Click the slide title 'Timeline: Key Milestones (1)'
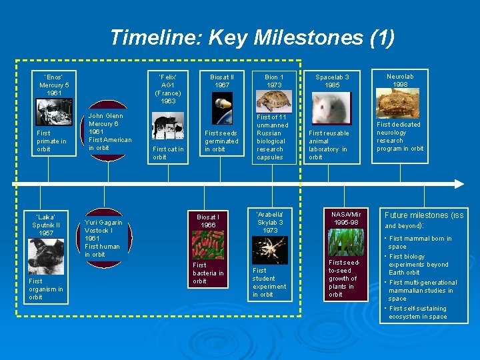point(252,37)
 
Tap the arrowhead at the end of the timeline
point(459,183)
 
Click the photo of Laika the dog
point(46,257)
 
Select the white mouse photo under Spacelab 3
point(331,109)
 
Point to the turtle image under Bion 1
point(274,101)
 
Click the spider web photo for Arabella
point(270,250)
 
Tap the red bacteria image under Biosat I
point(208,245)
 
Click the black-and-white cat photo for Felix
point(168,125)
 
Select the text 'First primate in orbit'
point(51,141)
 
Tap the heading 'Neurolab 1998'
point(400,81)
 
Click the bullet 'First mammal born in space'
point(420,242)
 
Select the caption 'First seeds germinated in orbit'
point(221,141)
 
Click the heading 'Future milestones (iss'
point(424,215)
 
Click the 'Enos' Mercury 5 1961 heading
point(53,85)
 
